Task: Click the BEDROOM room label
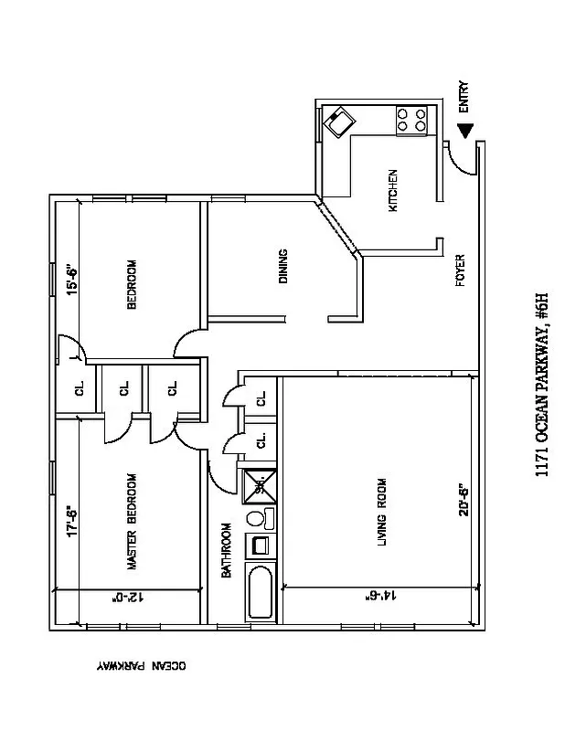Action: pyautogui.click(x=132, y=285)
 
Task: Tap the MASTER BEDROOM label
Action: pyautogui.click(x=132, y=523)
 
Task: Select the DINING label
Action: pyautogui.click(x=283, y=266)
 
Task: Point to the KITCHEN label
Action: pyautogui.click(x=394, y=190)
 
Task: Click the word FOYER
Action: pyautogui.click(x=461, y=270)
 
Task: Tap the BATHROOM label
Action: pyautogui.click(x=227, y=550)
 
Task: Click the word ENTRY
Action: pyautogui.click(x=464, y=96)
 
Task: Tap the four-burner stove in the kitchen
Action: pyautogui.click(x=412, y=120)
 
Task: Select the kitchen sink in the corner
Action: pyautogui.click(x=342, y=121)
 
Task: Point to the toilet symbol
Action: pyautogui.click(x=257, y=520)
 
